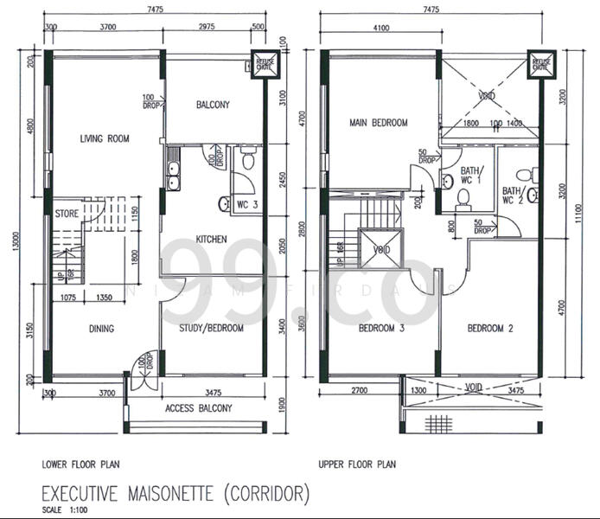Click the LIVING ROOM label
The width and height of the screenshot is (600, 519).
(x=105, y=138)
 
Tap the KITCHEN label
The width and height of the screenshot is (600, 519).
(x=211, y=239)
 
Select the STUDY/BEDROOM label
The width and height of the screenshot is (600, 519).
(x=211, y=329)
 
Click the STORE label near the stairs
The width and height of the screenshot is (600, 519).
(x=67, y=212)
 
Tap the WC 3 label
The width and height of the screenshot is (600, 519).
(x=247, y=205)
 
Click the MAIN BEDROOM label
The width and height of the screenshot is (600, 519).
(x=378, y=123)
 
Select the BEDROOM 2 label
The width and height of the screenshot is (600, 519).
(x=490, y=329)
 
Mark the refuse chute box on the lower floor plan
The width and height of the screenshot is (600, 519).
(x=263, y=66)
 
